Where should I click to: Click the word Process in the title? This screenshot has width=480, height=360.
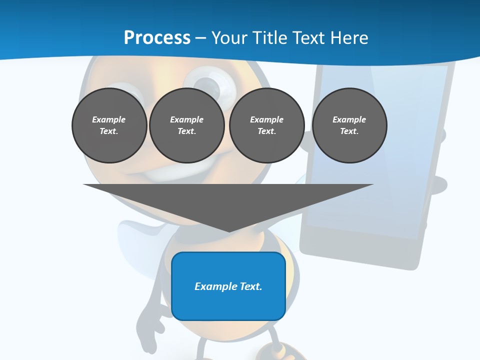(x=157, y=37)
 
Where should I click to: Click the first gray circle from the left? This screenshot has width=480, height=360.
(x=109, y=125)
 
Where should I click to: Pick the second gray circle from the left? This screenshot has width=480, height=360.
(x=186, y=125)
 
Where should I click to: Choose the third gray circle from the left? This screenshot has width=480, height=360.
(x=266, y=125)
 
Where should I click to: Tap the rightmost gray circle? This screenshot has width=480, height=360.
(x=349, y=125)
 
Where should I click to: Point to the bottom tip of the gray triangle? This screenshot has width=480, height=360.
(x=229, y=231)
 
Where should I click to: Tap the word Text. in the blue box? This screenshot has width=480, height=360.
(x=251, y=286)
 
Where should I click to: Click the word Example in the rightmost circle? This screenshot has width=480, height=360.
(x=349, y=119)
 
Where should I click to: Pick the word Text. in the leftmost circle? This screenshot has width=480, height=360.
(x=109, y=131)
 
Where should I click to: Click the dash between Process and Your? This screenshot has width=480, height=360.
(x=200, y=38)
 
